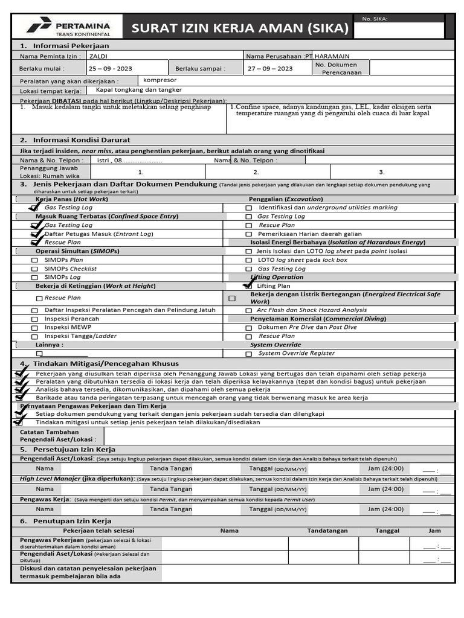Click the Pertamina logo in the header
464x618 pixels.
coord(68,28)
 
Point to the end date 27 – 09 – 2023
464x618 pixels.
coord(270,69)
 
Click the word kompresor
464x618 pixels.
coord(159,80)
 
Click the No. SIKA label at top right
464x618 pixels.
coord(375,19)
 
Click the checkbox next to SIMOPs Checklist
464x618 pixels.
coord(34,269)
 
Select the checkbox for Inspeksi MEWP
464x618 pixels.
coord(34,328)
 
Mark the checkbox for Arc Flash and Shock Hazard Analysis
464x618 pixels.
coord(248,310)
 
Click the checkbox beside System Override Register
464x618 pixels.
coord(248,354)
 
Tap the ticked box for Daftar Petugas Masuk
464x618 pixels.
coord(35,234)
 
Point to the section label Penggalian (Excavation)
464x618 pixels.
coord(286,199)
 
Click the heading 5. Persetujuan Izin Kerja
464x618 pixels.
coord(68,450)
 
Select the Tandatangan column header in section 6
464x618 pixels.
coord(327,531)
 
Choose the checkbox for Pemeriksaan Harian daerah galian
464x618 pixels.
coord(248,234)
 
